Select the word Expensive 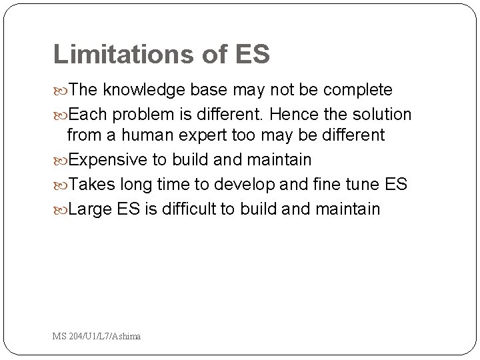(x=115, y=161)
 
